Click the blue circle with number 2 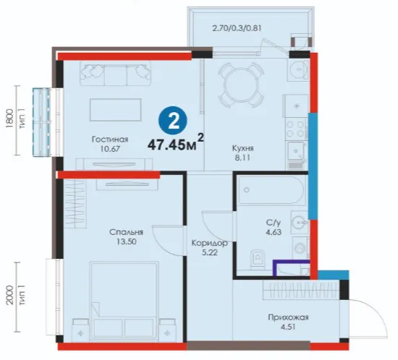coord(173,121)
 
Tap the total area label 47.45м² coord(176,143)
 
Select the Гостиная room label coord(110,140)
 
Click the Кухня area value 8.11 coord(242,158)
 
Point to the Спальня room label coord(126,232)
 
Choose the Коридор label coord(209,243)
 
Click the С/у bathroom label coord(274,223)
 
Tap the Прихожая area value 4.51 coord(288,327)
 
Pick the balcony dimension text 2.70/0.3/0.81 coord(237,28)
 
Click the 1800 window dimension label coord(9,119)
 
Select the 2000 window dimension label coord(9,296)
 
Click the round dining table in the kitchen coord(241,85)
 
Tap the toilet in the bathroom coord(258,259)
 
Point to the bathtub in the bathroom coord(271,190)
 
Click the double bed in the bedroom coord(124,300)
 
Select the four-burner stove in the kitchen coord(296,129)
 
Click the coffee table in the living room coord(115,110)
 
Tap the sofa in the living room coord(116,74)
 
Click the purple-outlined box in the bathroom coord(292,267)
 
